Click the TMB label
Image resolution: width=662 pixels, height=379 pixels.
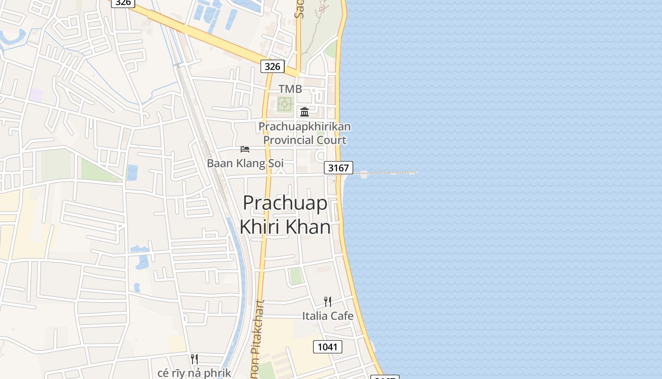[x=290, y=89]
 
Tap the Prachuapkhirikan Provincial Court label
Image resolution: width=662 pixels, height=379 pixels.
[x=305, y=133]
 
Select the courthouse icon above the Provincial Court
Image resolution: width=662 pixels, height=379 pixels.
[x=305, y=112]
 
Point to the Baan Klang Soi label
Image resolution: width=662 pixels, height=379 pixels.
[x=245, y=163]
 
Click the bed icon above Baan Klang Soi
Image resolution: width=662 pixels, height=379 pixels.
[x=244, y=149]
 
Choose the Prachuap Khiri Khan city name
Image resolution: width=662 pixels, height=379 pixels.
[x=285, y=215]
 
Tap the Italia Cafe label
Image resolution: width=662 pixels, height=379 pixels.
[x=328, y=316]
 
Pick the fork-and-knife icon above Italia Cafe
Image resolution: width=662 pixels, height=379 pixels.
[x=327, y=302]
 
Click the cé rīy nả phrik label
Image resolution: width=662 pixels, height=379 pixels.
[x=194, y=372]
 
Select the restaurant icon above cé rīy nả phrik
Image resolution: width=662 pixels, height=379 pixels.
[x=194, y=359]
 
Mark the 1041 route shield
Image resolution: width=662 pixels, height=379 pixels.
[x=327, y=347]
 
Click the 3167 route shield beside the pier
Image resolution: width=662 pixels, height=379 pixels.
[x=339, y=168]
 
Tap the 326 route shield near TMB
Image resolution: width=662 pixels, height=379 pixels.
[x=272, y=66]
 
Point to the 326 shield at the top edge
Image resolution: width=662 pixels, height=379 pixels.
[x=123, y=2]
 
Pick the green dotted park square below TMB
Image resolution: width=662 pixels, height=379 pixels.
[x=285, y=104]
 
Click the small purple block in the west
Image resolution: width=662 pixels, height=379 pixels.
[x=35, y=94]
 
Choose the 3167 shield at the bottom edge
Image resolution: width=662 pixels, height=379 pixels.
[x=385, y=377]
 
